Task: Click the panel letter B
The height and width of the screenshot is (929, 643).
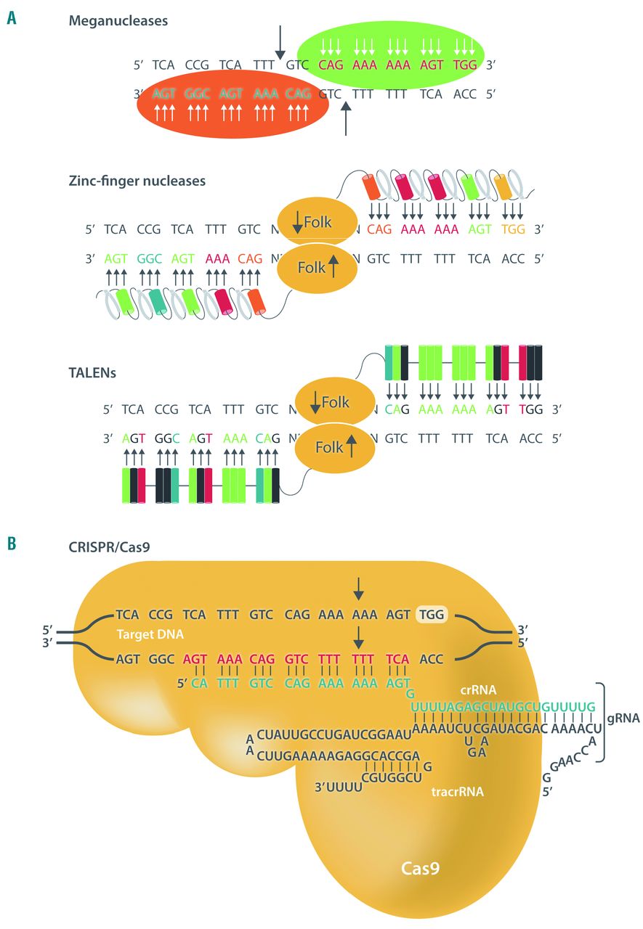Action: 12,543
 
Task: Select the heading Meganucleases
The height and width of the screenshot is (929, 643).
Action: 118,21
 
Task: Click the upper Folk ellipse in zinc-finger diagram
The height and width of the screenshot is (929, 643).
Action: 317,221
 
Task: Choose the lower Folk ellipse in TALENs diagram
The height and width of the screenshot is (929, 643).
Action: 334,448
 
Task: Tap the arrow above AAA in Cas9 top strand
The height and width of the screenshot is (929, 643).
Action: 357,586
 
